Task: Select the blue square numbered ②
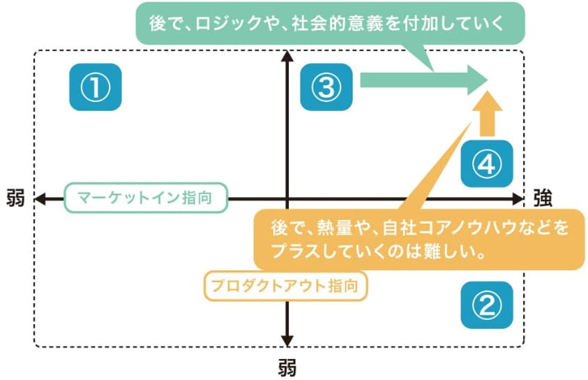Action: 487,305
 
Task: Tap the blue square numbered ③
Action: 326,87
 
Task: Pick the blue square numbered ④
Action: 487,163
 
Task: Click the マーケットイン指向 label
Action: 146,198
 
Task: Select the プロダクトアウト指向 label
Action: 285,285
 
